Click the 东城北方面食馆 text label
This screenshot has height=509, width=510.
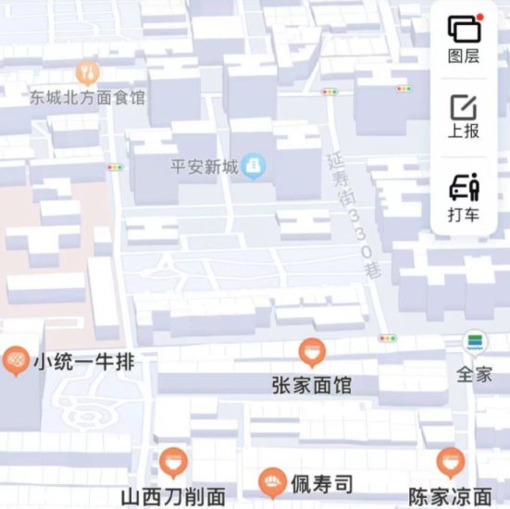coord(87,96)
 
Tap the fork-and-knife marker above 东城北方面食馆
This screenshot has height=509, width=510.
coord(87,71)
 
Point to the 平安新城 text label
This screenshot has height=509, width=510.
coord(205,168)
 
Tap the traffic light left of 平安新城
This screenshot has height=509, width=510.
coord(115,168)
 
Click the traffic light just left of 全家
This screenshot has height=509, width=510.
coord(387,339)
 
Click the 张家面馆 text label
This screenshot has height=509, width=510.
coord(312,384)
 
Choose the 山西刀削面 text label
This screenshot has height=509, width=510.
coord(173,497)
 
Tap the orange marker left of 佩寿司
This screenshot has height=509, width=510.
coord(270,480)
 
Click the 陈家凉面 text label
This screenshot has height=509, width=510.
coord(450,497)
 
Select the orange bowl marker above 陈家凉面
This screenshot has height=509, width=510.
coord(450,461)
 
